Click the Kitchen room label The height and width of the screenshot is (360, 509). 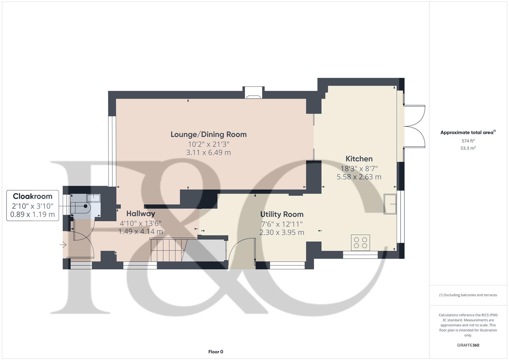359,159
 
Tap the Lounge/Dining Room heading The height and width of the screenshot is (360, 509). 209,135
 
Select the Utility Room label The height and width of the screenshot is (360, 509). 282,214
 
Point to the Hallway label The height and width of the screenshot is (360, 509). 141,214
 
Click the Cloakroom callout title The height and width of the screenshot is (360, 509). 32,196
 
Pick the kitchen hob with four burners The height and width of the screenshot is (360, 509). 360,243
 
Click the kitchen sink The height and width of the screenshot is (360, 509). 390,204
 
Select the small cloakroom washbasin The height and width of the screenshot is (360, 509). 94,198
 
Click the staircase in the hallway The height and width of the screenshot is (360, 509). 168,250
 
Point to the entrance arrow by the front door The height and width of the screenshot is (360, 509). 63,245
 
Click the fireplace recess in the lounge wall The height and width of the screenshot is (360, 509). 253,93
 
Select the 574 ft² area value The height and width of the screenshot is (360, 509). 468,141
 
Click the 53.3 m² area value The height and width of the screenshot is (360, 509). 468,148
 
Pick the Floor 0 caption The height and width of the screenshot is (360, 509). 216,352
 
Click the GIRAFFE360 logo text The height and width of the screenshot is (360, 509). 468,345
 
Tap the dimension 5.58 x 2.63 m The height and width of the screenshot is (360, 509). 359,177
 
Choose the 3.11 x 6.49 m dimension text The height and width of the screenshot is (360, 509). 209,153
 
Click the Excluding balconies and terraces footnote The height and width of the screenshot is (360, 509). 468,295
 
